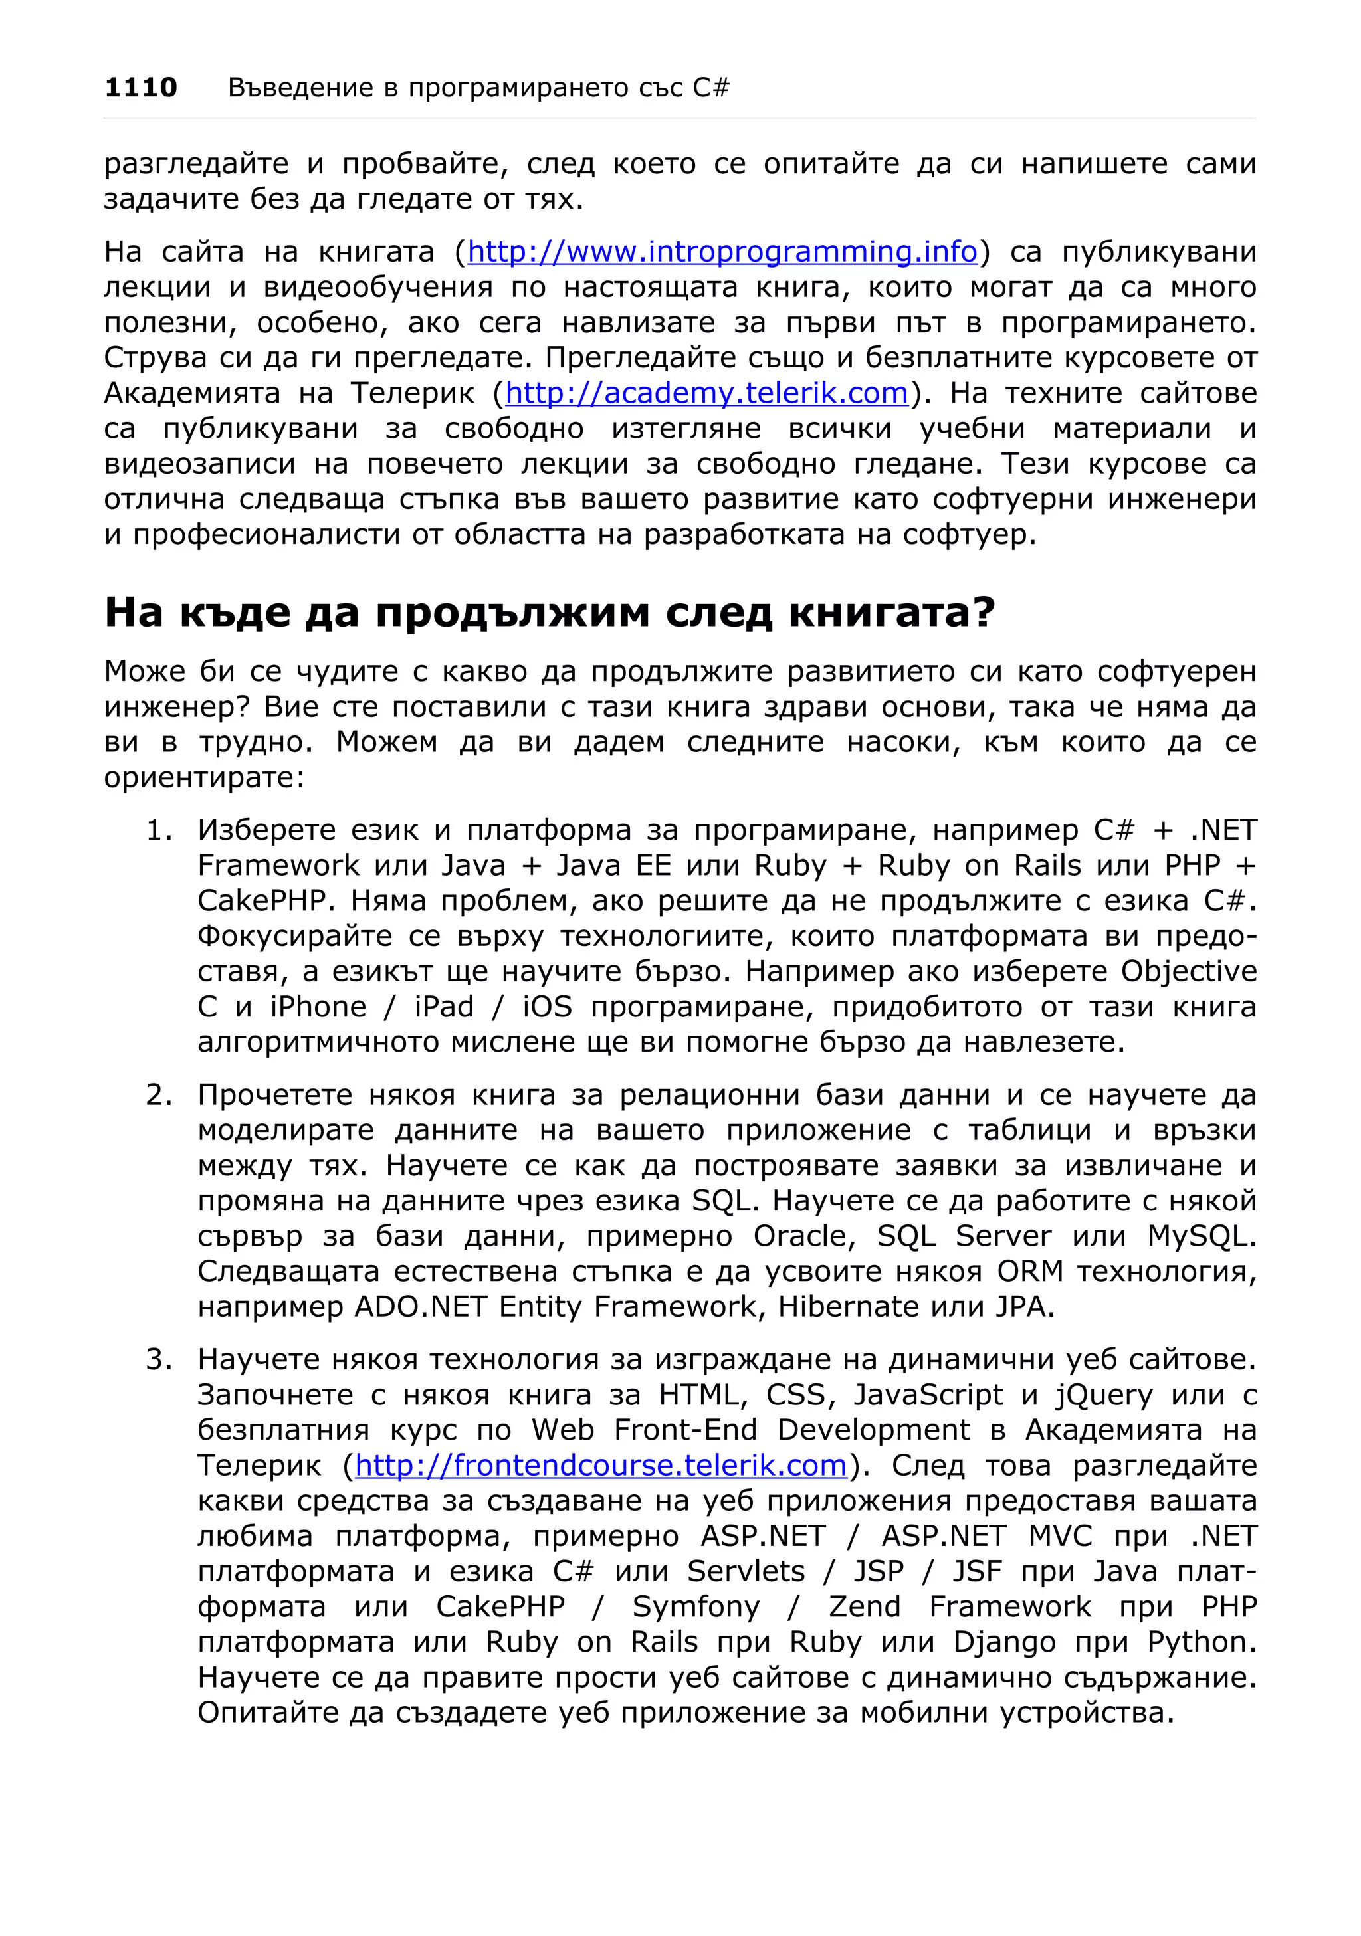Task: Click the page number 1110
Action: coord(140,87)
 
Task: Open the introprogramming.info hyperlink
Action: coord(722,251)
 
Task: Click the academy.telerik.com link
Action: coord(706,393)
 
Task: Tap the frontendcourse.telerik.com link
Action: coord(600,1465)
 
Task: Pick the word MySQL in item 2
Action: coord(1201,1236)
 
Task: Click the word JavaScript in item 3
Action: coord(928,1395)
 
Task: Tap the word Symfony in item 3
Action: coord(696,1606)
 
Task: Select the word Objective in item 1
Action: coord(1188,971)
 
